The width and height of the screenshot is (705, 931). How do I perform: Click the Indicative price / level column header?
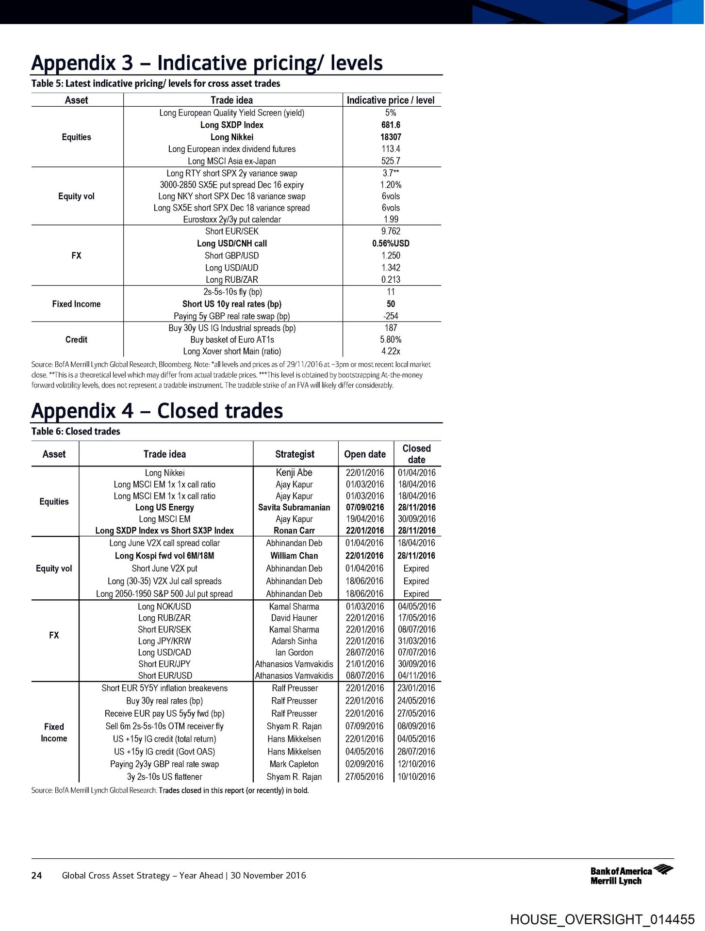(x=391, y=100)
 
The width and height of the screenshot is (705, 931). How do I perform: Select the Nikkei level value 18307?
(x=391, y=137)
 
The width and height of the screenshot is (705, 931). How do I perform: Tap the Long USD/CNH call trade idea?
(x=232, y=243)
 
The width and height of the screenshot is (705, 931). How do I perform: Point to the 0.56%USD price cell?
(x=391, y=243)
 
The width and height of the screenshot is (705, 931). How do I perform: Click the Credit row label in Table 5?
(x=76, y=339)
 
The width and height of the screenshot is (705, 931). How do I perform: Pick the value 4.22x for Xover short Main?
(x=391, y=351)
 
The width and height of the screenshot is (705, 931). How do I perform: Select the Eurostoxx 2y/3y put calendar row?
(x=232, y=219)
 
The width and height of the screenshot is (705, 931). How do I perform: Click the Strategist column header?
(x=295, y=454)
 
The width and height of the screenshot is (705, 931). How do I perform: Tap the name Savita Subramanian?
(x=294, y=507)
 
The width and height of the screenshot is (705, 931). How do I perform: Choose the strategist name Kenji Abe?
(x=294, y=472)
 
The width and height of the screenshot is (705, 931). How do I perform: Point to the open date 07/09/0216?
(x=365, y=507)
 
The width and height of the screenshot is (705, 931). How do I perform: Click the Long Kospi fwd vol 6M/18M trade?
(x=164, y=556)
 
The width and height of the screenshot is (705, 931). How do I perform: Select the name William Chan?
(x=294, y=556)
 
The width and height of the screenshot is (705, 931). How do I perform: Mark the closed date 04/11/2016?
(x=417, y=675)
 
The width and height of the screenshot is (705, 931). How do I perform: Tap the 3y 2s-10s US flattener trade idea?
(x=164, y=776)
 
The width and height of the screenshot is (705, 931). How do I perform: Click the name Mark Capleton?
(x=294, y=764)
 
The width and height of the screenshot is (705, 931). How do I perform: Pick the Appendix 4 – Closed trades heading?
(x=157, y=411)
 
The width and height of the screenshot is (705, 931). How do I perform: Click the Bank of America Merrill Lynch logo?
(x=631, y=875)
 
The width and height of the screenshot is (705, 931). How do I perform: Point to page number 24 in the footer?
(x=36, y=875)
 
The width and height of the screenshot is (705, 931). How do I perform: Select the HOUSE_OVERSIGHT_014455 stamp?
(x=602, y=919)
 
